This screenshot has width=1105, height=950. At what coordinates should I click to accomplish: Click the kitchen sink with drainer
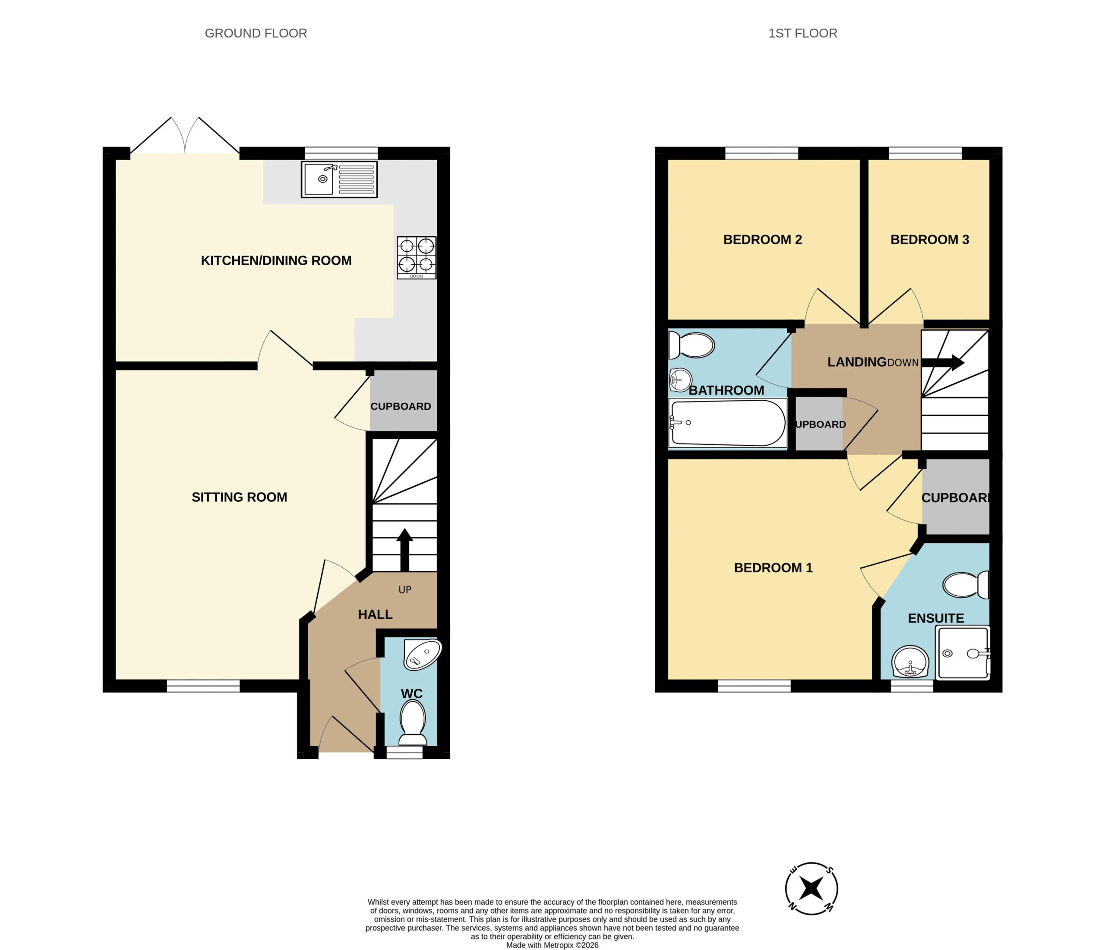(x=339, y=179)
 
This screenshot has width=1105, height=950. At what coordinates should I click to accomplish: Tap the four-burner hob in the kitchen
(x=417, y=258)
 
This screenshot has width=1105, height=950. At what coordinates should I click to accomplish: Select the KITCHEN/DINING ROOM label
(x=276, y=260)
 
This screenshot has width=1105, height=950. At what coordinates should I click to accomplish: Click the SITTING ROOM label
(x=240, y=497)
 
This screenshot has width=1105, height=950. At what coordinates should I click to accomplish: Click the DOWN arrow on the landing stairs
(x=943, y=363)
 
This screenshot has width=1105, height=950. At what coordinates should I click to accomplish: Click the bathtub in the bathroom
(x=728, y=423)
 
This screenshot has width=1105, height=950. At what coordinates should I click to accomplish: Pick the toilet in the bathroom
(x=691, y=345)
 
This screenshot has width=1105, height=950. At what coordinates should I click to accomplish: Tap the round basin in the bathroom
(x=681, y=380)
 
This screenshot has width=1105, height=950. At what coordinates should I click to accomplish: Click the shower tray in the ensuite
(x=963, y=653)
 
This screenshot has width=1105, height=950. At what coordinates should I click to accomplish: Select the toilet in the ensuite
(x=966, y=585)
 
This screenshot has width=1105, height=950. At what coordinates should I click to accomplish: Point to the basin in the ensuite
(x=910, y=662)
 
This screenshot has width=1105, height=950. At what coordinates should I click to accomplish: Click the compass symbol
(x=811, y=889)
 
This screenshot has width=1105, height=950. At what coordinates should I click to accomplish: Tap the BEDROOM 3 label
(x=930, y=240)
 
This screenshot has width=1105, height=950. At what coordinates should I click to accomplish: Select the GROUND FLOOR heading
(x=256, y=33)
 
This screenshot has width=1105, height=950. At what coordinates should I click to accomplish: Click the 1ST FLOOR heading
(x=802, y=33)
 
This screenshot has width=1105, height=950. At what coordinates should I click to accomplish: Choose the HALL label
(x=375, y=614)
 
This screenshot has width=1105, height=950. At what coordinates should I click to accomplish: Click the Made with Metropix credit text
(x=552, y=945)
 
